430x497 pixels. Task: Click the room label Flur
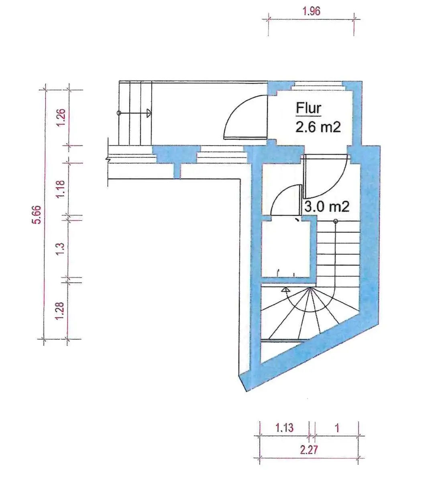click(308, 108)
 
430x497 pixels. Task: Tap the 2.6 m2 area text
click(318, 127)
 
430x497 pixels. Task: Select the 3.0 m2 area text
click(326, 207)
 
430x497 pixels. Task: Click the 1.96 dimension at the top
click(312, 11)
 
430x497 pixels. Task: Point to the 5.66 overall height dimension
click(37, 215)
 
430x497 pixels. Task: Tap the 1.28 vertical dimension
click(59, 311)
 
